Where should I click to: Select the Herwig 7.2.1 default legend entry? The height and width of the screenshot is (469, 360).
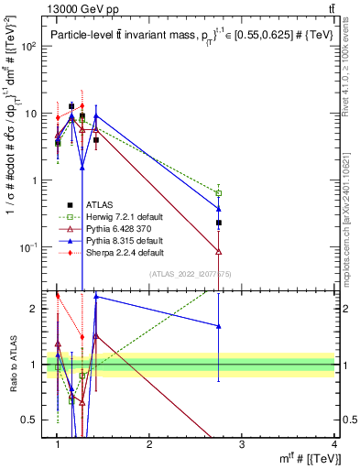tap(125, 217)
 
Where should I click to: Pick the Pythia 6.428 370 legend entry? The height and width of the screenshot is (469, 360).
tap(121, 228)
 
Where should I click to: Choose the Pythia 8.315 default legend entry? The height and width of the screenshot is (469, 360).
tap(125, 240)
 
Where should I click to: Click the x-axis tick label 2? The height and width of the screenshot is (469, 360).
tap(149, 443)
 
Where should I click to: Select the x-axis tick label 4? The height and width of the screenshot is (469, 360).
tap(333, 443)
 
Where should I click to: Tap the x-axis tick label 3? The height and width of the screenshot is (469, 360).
tap(242, 443)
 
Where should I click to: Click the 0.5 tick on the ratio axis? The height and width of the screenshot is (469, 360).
tap(36, 420)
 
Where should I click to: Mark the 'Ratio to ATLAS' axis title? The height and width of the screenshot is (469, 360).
tap(15, 364)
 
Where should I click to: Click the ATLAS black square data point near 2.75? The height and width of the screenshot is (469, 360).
tap(219, 223)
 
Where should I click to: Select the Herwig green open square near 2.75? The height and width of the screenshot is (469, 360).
tap(219, 193)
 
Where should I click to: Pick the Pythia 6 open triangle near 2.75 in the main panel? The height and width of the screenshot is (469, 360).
tap(219, 251)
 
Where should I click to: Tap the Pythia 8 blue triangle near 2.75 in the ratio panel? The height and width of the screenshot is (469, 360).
tap(219, 325)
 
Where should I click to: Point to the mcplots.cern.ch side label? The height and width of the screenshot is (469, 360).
tap(351, 220)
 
